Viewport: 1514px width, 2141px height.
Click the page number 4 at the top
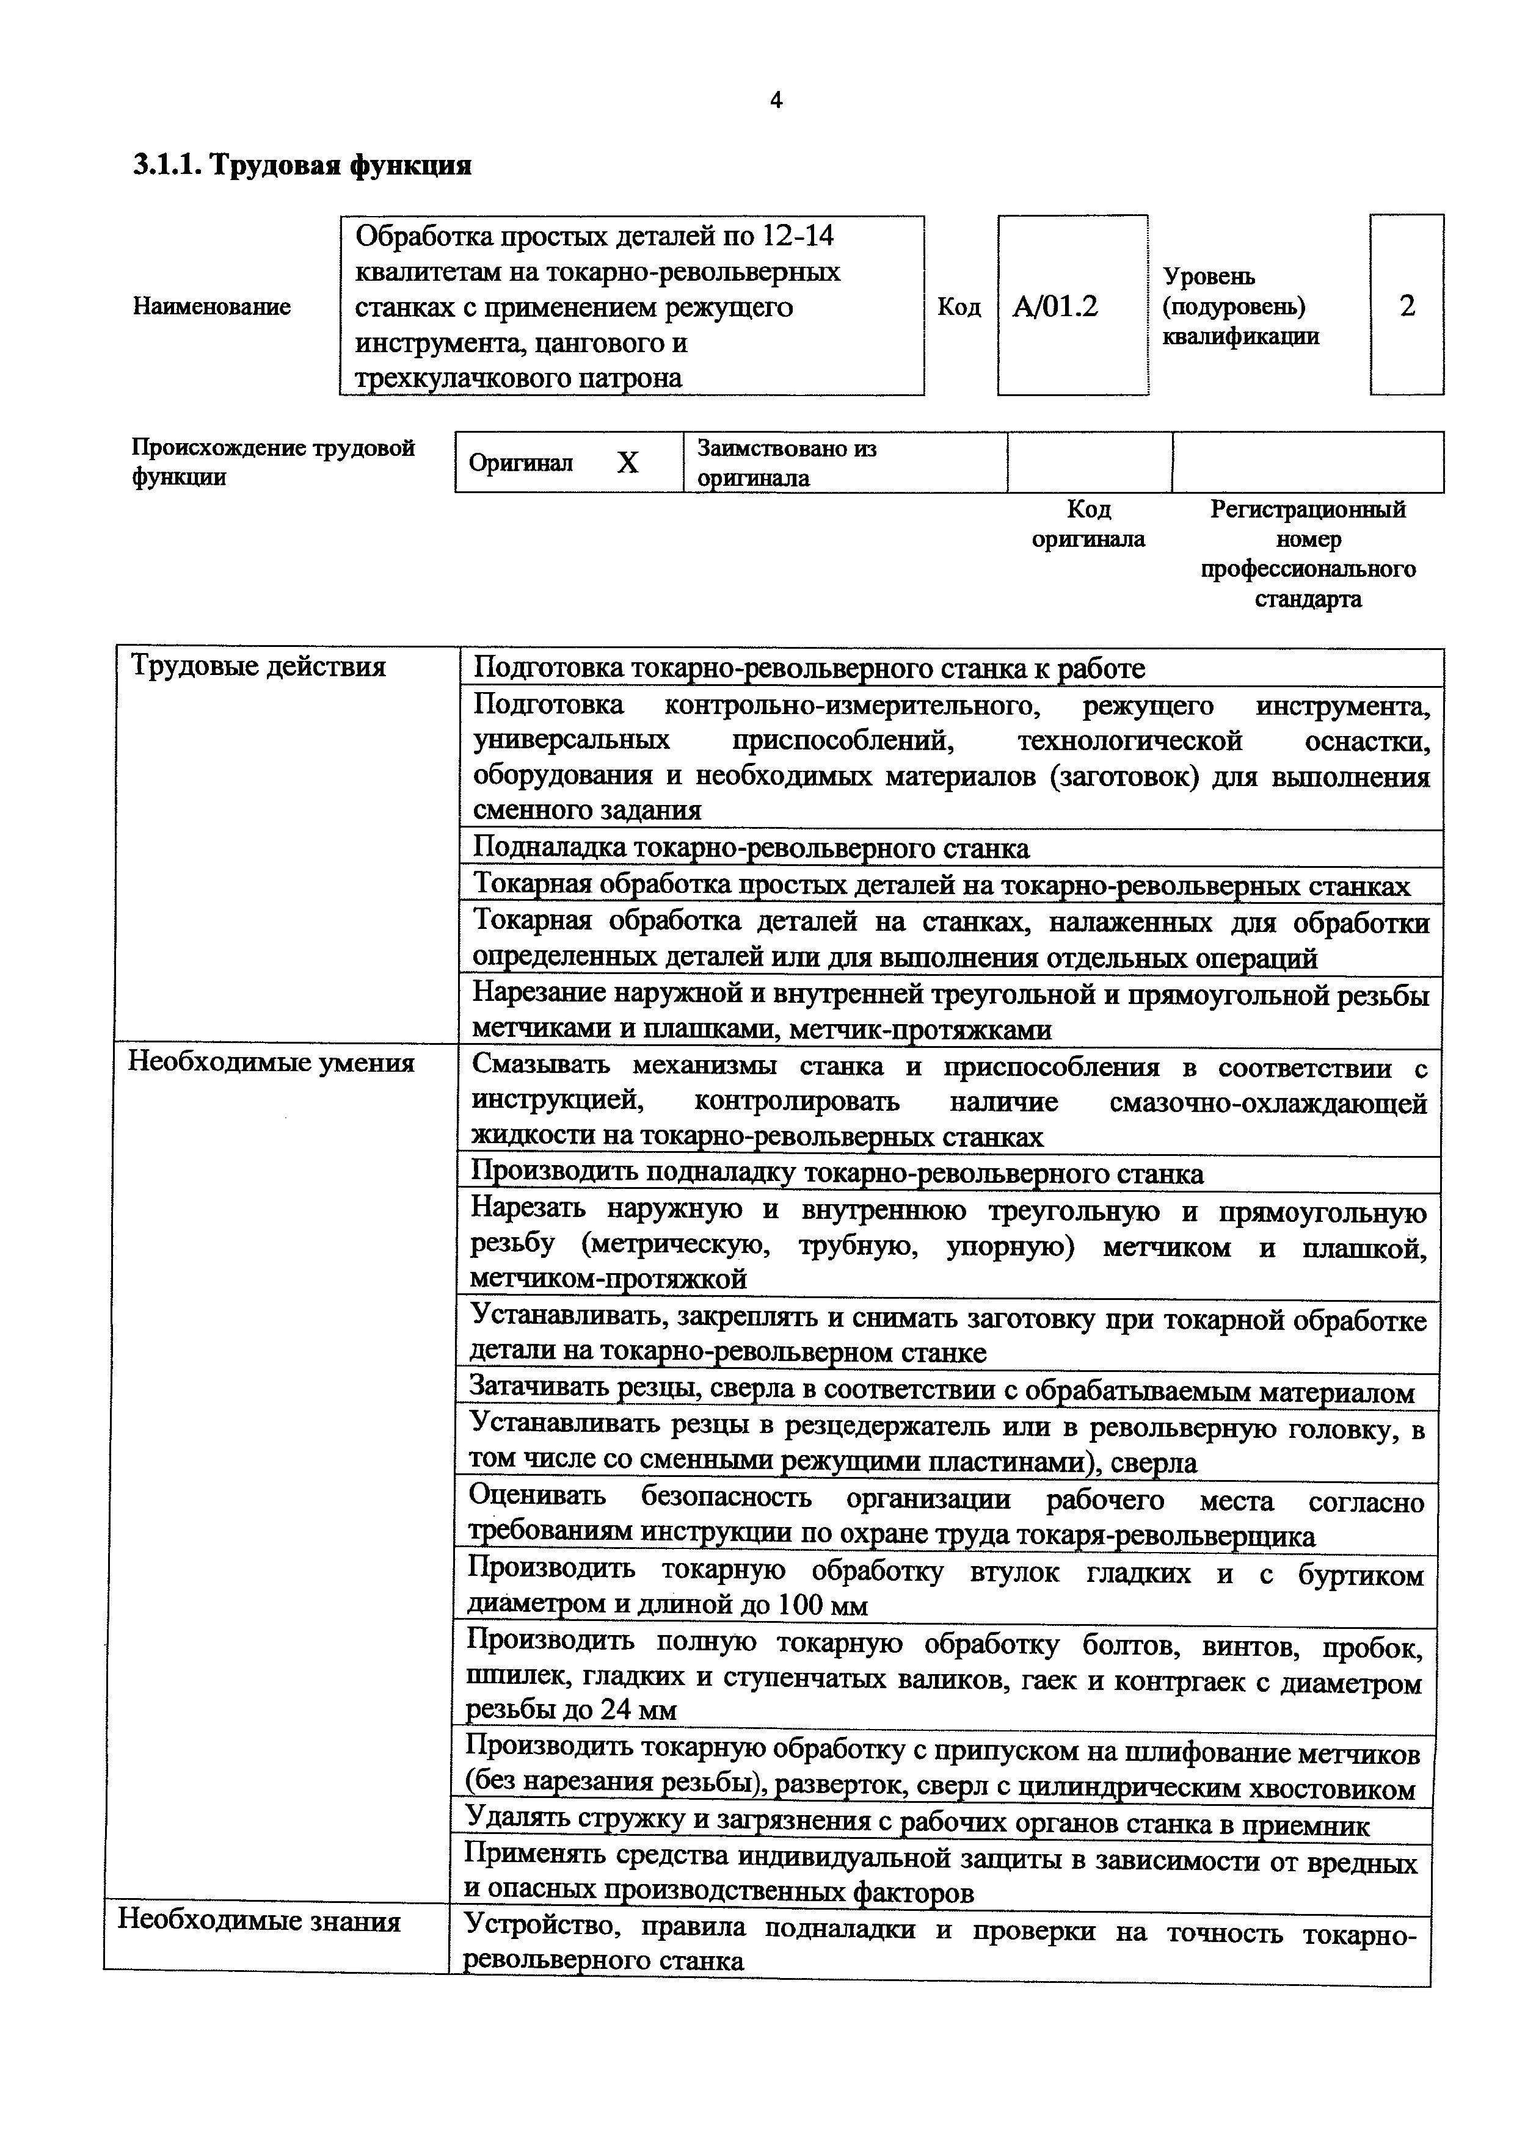pos(776,101)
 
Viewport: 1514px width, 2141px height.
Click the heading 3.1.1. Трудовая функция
pos(302,166)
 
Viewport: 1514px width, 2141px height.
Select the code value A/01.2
pos(1055,306)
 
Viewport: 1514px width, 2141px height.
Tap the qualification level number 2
pos(1407,305)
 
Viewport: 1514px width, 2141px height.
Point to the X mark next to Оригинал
pos(628,463)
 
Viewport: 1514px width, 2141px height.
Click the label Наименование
pos(212,307)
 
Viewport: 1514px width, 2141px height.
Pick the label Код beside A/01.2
pos(959,307)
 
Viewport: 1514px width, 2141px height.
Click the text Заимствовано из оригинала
pos(787,463)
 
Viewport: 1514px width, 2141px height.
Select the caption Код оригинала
pos(1088,524)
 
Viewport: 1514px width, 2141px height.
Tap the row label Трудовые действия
pos(258,666)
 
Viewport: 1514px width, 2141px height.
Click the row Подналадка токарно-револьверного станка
pos(751,848)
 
